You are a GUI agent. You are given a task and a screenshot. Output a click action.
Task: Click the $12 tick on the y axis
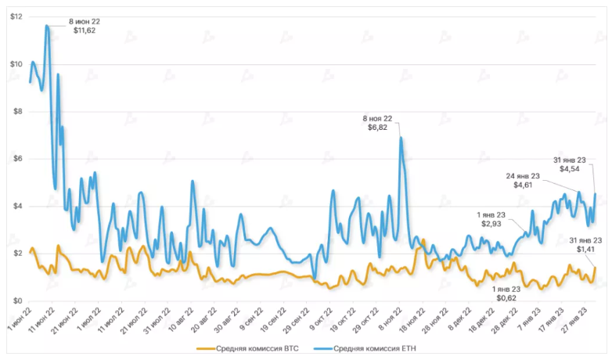click(16, 16)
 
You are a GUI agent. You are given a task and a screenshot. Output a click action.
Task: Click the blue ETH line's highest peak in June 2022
click(47, 26)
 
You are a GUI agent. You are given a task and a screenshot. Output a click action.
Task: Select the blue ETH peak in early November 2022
click(401, 138)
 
